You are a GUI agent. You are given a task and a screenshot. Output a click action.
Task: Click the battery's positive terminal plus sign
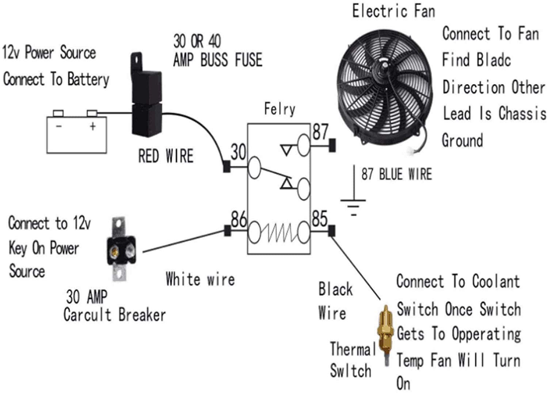93,126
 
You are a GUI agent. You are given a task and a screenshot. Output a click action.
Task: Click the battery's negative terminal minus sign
59,126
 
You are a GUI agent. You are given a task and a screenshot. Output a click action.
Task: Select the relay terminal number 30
238,152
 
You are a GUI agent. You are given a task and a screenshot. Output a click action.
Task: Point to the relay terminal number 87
320,132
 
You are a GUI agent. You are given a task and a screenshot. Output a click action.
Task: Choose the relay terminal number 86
239,219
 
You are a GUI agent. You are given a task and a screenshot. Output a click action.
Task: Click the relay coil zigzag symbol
279,232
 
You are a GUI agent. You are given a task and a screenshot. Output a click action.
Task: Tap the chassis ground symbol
353,205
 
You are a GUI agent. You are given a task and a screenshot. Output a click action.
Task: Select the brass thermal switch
385,332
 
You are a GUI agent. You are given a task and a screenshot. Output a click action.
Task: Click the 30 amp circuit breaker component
121,250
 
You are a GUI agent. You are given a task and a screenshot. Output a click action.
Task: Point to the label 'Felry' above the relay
279,109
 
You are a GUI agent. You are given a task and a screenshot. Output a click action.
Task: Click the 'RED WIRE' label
165,156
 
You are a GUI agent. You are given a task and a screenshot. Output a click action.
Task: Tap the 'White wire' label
200,279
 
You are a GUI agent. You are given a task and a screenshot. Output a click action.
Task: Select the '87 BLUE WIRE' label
396,174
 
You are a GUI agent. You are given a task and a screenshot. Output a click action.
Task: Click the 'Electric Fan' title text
393,11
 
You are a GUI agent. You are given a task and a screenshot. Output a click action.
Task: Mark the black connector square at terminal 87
332,145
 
